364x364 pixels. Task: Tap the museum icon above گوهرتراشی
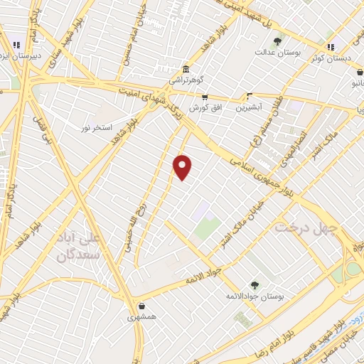pos(186,69)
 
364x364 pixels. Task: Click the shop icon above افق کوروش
pos(205,97)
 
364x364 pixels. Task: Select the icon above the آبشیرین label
pos(249,97)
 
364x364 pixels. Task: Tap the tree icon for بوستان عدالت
pos(277,41)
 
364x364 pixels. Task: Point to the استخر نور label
pos(93,127)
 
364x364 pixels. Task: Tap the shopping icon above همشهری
pos(143,306)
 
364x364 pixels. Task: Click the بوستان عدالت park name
pos(278,53)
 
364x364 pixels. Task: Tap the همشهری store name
pos(144,318)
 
